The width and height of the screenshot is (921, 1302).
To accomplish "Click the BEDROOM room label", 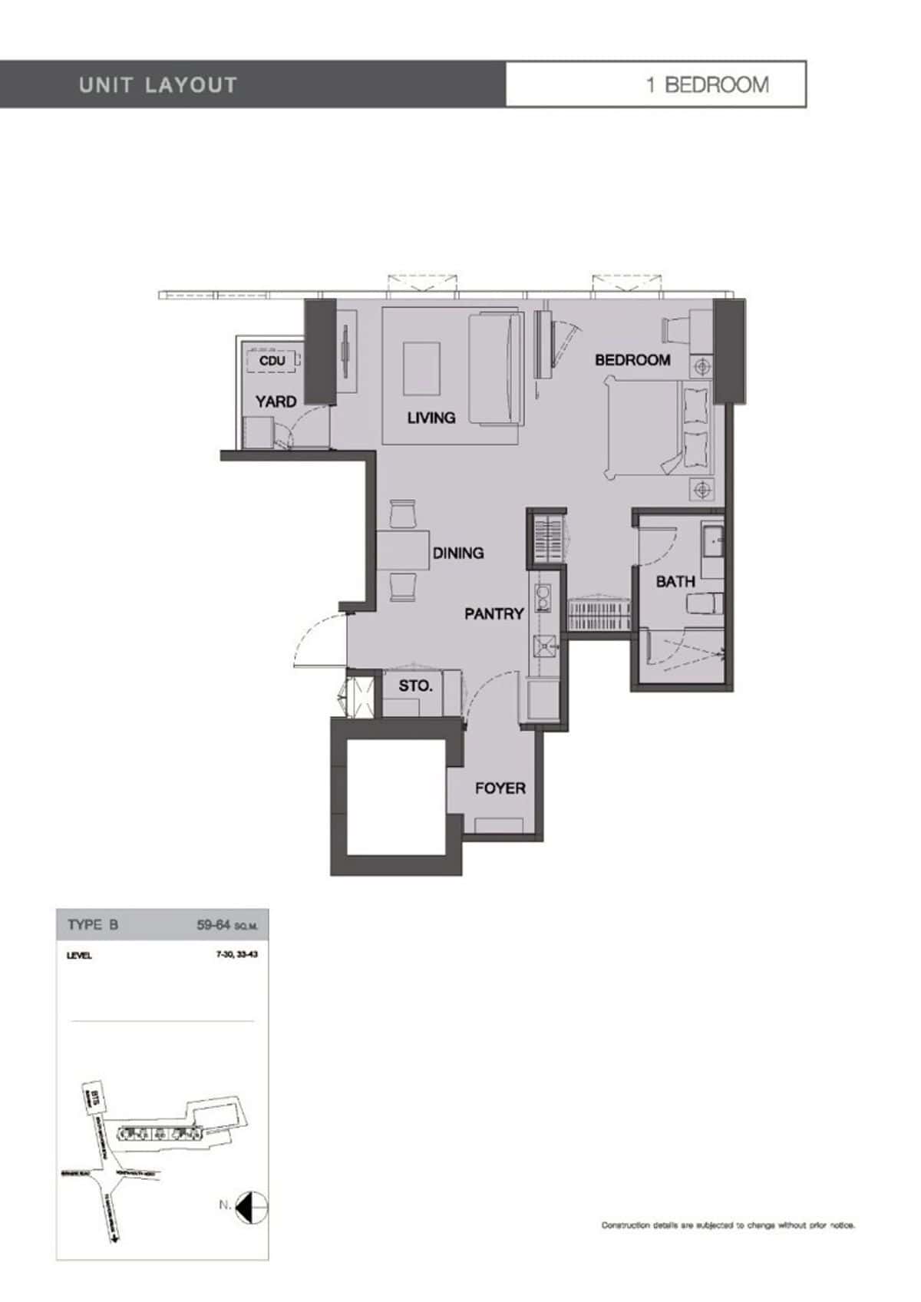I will [632, 360].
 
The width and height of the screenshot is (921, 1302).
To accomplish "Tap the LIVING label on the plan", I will [431, 418].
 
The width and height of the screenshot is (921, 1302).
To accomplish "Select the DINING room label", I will [458, 553].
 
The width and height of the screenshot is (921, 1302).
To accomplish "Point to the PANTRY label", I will [494, 613].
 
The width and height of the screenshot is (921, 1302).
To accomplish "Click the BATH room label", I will [675, 582].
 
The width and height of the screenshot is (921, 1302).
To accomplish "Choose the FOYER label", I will [500, 788].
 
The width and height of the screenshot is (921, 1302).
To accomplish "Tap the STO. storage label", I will [415, 686].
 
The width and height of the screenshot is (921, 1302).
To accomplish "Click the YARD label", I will [276, 402].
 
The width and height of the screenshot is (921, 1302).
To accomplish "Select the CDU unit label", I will [272, 361].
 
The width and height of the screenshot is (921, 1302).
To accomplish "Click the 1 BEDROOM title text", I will [707, 84].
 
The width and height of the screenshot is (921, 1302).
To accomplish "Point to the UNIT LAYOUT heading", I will [158, 84].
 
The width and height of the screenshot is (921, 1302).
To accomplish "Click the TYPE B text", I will [93, 924].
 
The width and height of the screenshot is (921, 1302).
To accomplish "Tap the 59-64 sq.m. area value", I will [227, 925].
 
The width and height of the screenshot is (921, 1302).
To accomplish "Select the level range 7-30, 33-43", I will [236, 955].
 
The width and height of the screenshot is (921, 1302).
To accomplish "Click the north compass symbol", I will [252, 1206].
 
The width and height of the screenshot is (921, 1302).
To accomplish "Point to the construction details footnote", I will [728, 1225].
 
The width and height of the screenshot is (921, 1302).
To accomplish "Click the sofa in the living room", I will [496, 368].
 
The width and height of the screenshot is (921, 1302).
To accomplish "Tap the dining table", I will [402, 550].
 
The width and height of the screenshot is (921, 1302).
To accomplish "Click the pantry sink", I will [546, 646].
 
